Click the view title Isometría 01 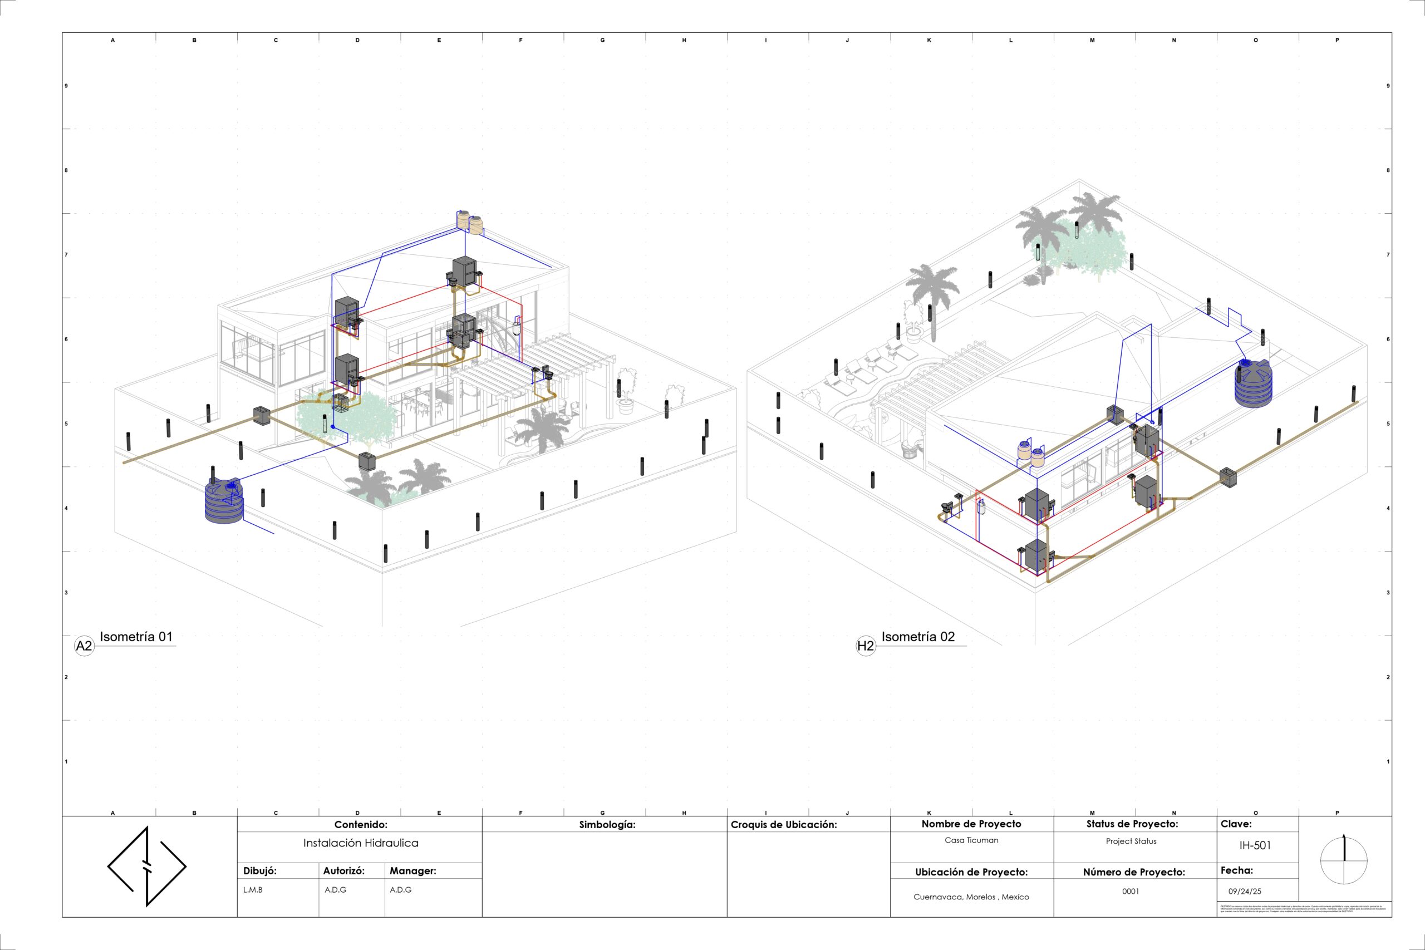point(136,637)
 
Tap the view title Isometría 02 point(918,637)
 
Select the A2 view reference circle point(84,646)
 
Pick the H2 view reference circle point(866,646)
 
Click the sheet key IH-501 point(1255,845)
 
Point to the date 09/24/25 point(1245,891)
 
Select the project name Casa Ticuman point(971,840)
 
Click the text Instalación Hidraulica point(361,843)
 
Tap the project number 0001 point(1130,891)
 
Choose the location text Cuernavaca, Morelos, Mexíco point(971,897)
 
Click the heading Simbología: point(607,825)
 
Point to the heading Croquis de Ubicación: point(783,825)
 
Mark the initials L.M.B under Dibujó point(253,890)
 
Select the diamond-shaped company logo point(146,867)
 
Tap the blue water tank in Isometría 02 point(1253,383)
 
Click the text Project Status point(1131,841)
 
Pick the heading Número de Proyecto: point(1133,872)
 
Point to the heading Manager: point(412,870)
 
